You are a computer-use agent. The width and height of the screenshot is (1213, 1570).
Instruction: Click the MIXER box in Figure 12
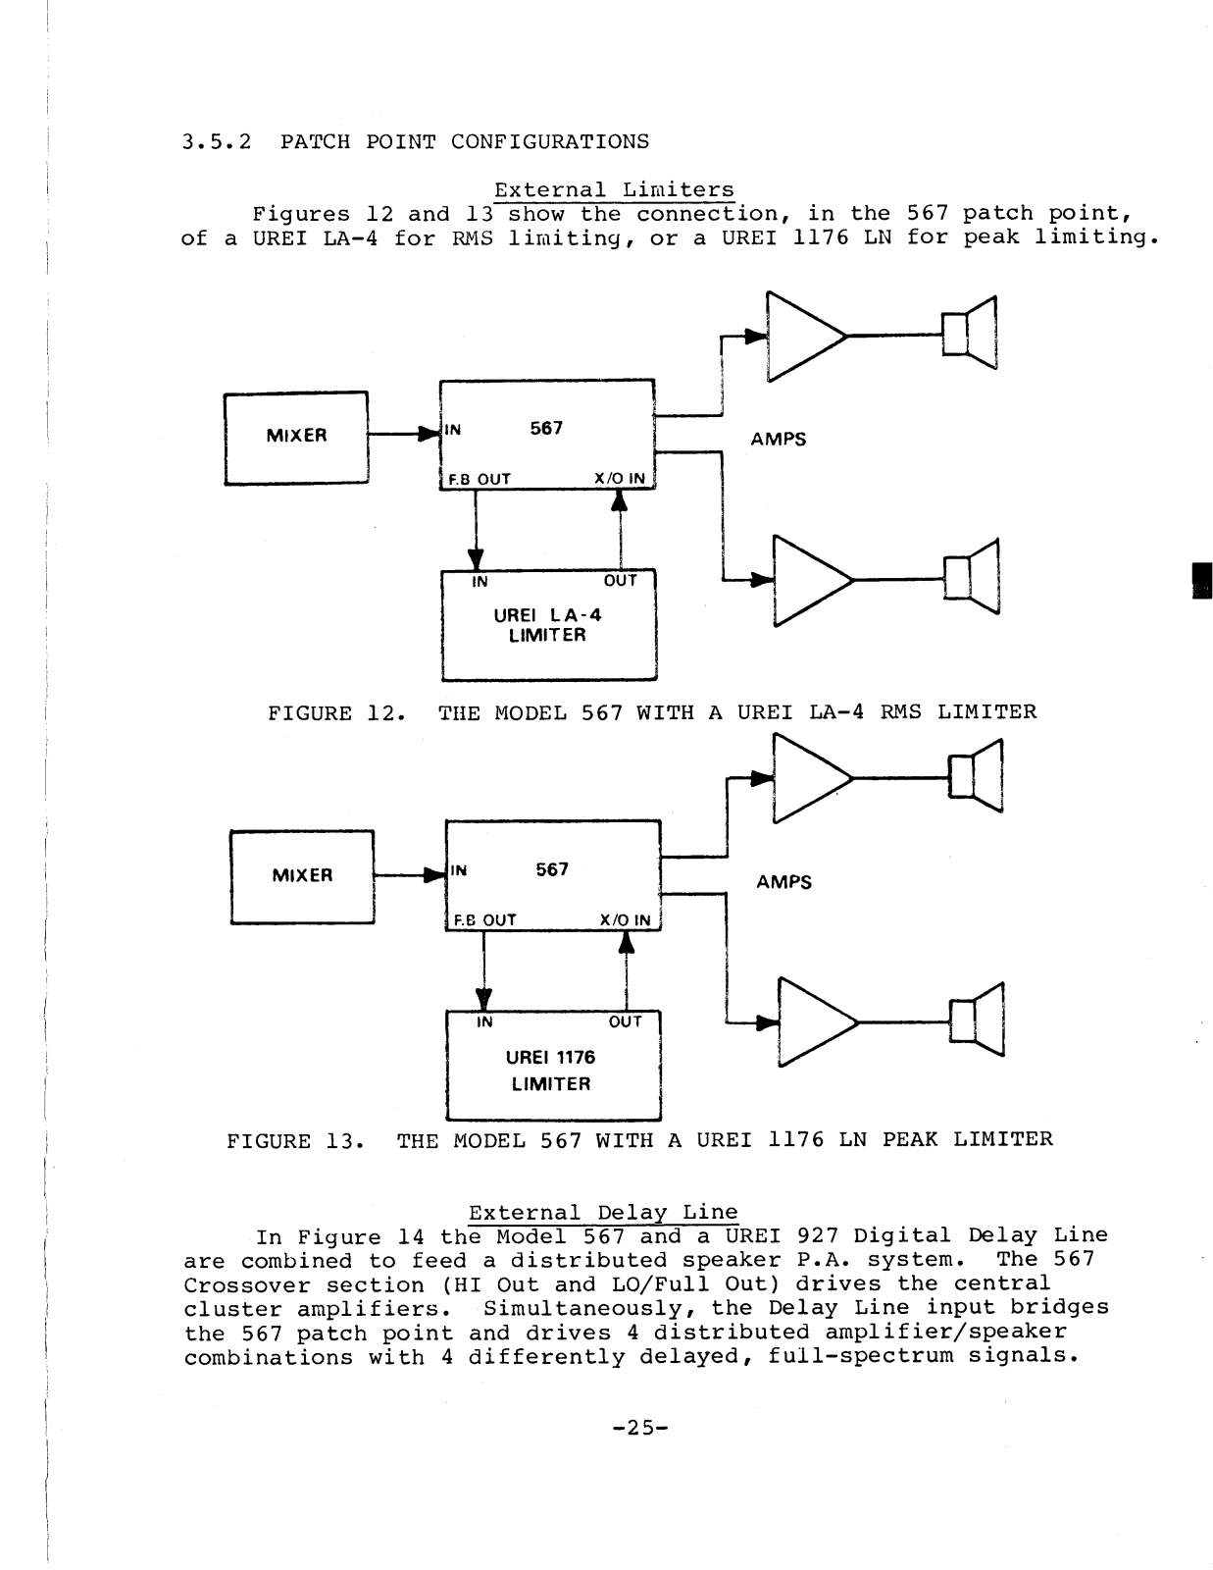[296, 437]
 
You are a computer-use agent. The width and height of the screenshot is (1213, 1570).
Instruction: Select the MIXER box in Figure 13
[302, 875]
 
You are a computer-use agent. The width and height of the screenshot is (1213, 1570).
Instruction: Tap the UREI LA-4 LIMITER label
[548, 625]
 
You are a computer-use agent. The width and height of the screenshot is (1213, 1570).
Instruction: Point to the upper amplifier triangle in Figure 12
[802, 336]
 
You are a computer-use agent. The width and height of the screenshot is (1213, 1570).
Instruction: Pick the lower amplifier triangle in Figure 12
[809, 580]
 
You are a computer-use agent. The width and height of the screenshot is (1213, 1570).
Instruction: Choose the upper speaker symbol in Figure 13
[975, 776]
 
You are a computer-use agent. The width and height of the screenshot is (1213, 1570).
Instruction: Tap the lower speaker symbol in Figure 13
[976, 1021]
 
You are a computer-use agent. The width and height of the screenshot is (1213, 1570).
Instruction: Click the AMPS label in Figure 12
[779, 440]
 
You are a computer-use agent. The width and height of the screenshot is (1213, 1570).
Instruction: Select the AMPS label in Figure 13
[784, 882]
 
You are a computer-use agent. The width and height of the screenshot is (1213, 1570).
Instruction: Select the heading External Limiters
[614, 189]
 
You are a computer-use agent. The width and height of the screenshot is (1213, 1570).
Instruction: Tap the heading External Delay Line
[603, 1213]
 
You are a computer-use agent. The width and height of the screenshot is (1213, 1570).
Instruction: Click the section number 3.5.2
[217, 141]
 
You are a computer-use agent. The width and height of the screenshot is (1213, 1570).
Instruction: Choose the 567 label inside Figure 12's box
[546, 429]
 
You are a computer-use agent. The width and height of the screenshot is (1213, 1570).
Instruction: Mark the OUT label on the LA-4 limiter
[621, 581]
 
